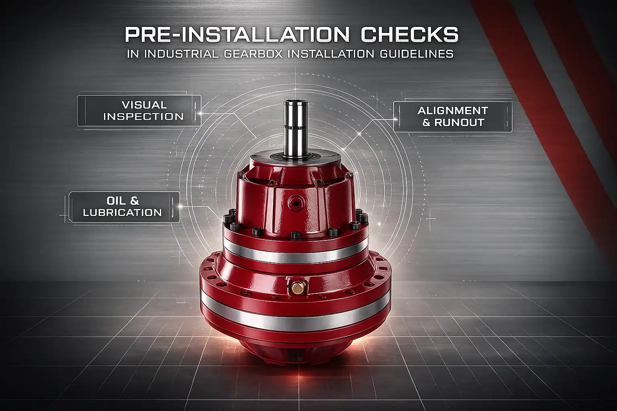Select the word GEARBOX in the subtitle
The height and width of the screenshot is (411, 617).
pyautogui.click(x=253, y=54)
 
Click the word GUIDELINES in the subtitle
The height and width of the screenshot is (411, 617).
pyautogui.click(x=417, y=54)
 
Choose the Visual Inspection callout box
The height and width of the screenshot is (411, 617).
pyautogui.click(x=139, y=111)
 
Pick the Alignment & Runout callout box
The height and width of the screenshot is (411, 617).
pyautogui.click(x=453, y=117)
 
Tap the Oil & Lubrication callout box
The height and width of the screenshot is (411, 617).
pyautogui.click(x=124, y=207)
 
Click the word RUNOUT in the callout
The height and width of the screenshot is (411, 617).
pyautogui.click(x=459, y=123)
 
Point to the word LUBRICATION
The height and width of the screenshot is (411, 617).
pyautogui.click(x=122, y=212)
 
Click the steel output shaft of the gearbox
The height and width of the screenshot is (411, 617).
pyautogui.click(x=296, y=128)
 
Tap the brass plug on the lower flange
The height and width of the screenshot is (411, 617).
pyautogui.click(x=298, y=288)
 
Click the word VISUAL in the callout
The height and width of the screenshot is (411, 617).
pyautogui.click(x=144, y=105)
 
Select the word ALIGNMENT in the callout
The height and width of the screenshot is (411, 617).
pyautogui.click(x=453, y=111)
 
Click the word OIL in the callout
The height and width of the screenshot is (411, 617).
pyautogui.click(x=114, y=201)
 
